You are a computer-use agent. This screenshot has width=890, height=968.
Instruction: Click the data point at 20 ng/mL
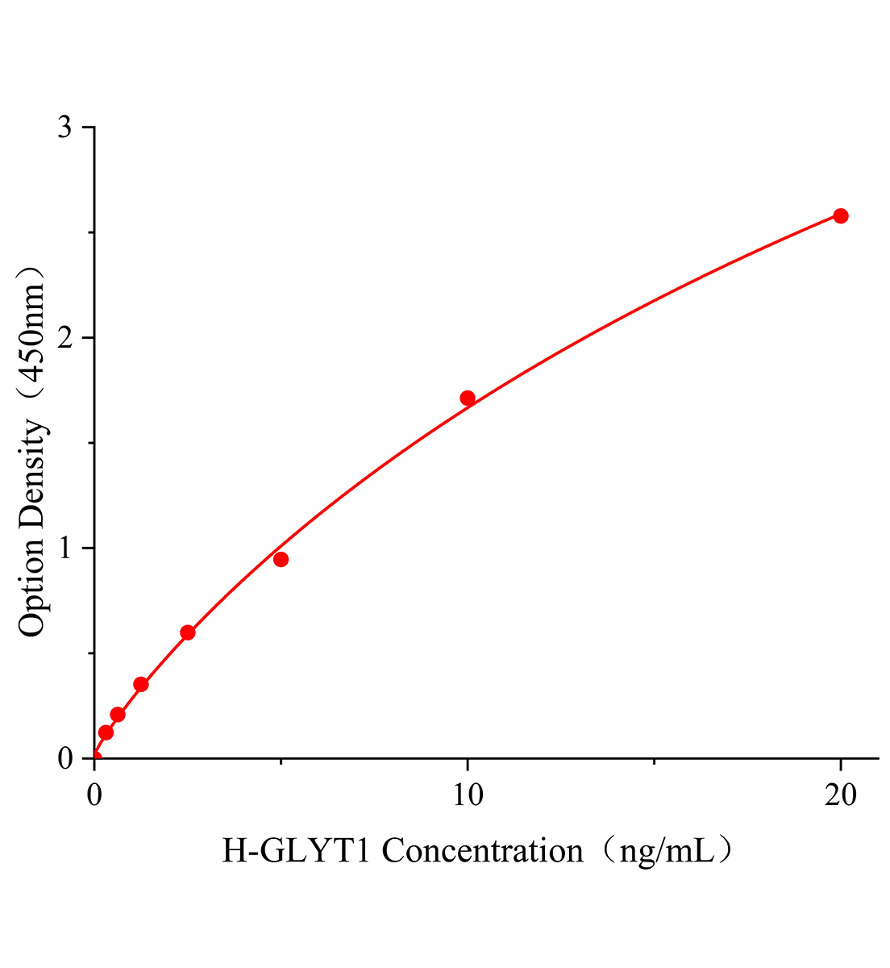tap(840, 215)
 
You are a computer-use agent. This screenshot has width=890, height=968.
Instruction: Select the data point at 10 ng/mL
tap(468, 398)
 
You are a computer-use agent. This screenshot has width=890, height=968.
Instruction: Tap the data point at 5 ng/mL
tap(281, 559)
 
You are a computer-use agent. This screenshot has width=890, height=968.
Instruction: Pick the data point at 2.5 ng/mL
tap(188, 632)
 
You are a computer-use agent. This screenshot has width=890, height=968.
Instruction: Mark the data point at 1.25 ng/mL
tap(141, 684)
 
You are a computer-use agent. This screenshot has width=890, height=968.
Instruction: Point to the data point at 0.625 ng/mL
tap(118, 714)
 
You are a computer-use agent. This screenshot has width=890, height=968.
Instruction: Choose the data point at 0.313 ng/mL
tap(106, 732)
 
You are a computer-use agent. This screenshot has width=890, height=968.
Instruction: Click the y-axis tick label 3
tap(65, 127)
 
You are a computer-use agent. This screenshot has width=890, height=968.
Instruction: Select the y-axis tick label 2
tap(65, 338)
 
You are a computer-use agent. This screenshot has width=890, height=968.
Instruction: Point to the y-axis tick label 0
tap(65, 759)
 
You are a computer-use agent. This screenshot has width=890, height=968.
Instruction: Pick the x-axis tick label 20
tap(840, 795)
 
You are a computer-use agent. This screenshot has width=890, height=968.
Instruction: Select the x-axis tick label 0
tap(94, 795)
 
